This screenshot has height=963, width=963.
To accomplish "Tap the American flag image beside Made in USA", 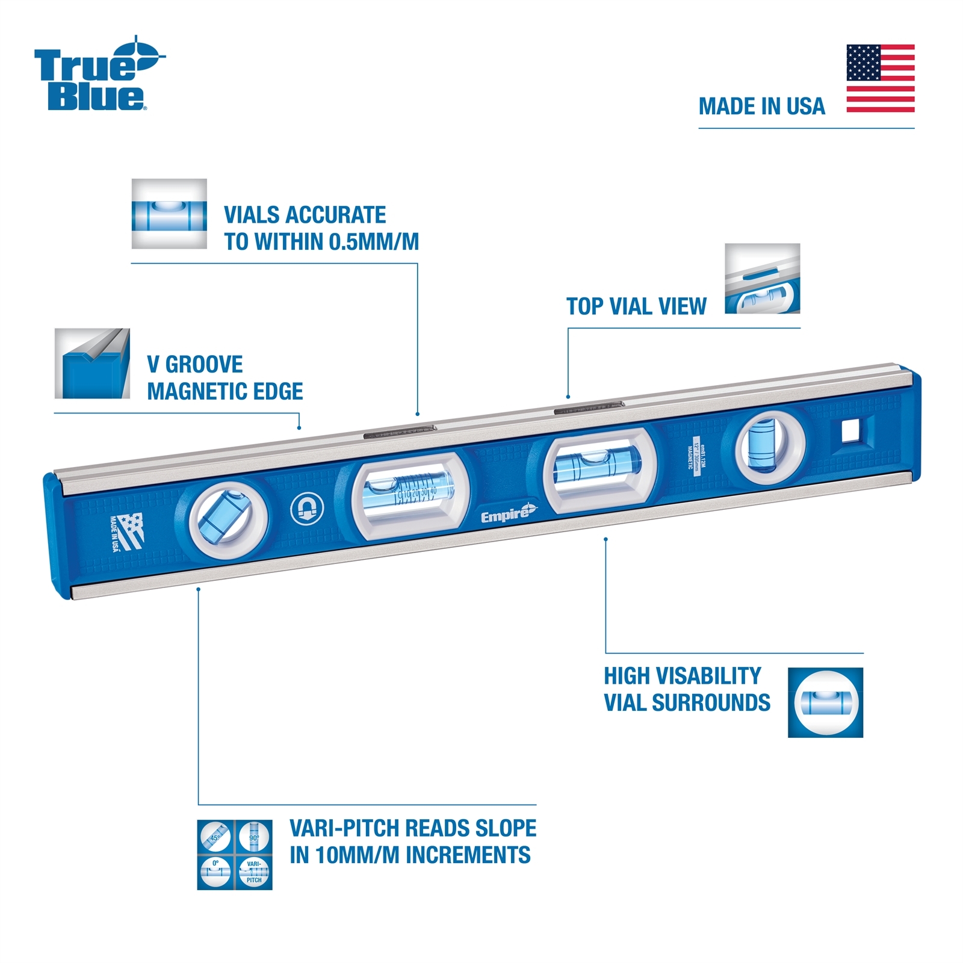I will [x=880, y=78].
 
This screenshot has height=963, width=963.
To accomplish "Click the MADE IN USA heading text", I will [x=761, y=107].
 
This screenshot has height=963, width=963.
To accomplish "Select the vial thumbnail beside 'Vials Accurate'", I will [x=169, y=214].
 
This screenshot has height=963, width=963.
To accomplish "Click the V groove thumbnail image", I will [x=92, y=364].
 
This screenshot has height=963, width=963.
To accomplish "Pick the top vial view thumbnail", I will [x=762, y=279].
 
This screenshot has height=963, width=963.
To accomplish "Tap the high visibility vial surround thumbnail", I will [x=825, y=702].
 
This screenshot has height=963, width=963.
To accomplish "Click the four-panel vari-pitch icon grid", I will [x=235, y=855].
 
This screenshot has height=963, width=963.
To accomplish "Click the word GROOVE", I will [x=204, y=365].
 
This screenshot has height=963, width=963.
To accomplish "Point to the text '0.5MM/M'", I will [x=374, y=242].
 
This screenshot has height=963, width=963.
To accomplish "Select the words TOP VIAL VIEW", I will [x=636, y=307].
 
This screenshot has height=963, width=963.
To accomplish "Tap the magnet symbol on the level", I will [x=307, y=509].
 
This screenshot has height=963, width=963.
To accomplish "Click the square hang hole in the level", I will [x=850, y=431].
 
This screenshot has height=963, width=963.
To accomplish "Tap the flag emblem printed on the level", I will [x=128, y=531].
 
